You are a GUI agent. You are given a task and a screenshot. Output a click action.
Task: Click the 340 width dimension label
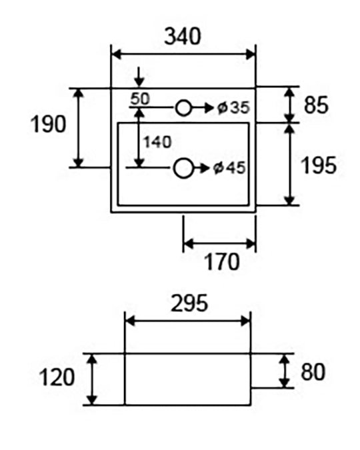(183, 36)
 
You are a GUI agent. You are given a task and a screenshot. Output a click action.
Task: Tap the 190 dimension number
(48, 124)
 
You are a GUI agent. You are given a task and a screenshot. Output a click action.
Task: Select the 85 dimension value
(316, 105)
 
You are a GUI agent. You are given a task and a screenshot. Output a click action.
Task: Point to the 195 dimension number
(319, 165)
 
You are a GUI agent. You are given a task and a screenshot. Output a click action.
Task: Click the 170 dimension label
(221, 262)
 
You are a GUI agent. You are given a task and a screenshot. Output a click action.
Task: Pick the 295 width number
(189, 303)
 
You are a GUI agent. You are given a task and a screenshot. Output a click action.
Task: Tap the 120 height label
(57, 377)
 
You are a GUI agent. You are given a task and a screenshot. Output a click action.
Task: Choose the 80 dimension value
(313, 371)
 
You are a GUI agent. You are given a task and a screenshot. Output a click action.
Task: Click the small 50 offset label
(140, 99)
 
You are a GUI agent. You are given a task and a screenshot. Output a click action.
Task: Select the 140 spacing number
(157, 142)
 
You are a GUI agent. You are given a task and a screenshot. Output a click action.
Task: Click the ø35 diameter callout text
(233, 108)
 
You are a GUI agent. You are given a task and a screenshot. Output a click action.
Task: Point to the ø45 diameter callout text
(229, 168)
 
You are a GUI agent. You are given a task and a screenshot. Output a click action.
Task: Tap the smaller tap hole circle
(183, 108)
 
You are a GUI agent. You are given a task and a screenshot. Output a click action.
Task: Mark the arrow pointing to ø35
(202, 108)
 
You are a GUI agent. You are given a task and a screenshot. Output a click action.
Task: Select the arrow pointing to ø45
(201, 168)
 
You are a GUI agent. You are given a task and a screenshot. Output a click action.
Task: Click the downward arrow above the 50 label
(139, 77)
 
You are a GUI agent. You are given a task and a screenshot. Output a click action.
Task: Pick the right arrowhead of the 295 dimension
(245, 321)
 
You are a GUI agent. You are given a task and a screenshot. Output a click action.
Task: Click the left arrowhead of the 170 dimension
(188, 244)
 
